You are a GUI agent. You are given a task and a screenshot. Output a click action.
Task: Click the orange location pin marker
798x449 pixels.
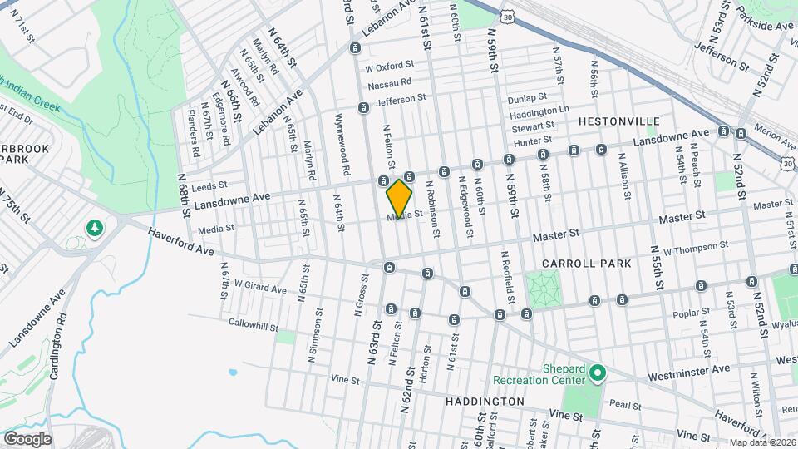point(400,199)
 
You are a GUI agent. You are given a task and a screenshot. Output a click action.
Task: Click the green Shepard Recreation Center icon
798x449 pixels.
point(596,374)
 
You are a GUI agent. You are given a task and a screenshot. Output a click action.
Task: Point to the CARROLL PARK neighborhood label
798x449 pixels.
point(586,264)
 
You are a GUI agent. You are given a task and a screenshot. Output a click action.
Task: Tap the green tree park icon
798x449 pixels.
point(96,227)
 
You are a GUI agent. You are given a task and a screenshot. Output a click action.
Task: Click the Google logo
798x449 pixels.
point(27,438)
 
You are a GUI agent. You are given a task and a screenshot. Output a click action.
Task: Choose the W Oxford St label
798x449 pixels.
point(389,66)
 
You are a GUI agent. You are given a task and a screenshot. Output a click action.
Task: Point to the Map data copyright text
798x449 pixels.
point(761,442)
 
